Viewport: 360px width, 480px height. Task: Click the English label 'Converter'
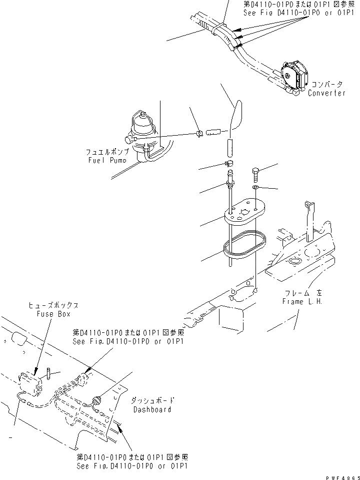[326, 93]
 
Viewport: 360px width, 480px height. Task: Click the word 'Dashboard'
[152, 409]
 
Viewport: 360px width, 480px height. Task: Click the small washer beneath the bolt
[255, 187]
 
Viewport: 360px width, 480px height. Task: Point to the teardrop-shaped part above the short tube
[235, 115]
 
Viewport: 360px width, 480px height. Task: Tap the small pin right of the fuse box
[50, 373]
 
